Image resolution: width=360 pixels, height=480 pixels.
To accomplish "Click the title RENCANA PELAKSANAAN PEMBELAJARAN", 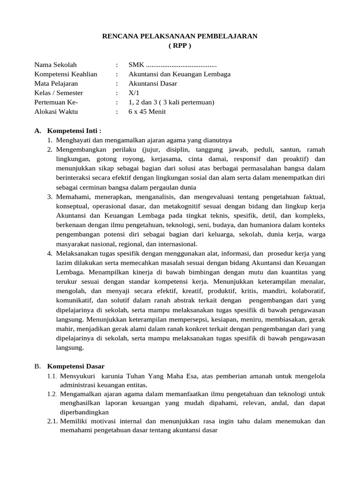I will (180, 37).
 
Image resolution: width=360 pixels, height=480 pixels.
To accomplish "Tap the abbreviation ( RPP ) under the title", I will (180, 46).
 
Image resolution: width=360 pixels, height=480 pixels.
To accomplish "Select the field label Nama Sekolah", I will (55, 65).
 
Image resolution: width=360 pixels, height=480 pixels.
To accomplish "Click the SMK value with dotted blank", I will (172, 65).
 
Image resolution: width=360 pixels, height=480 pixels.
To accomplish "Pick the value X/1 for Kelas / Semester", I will (134, 93).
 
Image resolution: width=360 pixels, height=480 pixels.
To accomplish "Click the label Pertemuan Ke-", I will (56, 102).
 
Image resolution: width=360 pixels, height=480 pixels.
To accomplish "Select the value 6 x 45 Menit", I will (147, 112).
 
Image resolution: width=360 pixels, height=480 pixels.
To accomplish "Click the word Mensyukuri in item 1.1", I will (77, 376).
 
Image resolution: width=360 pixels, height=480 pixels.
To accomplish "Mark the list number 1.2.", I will (52, 394).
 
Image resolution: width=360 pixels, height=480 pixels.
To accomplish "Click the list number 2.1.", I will (52, 421).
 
